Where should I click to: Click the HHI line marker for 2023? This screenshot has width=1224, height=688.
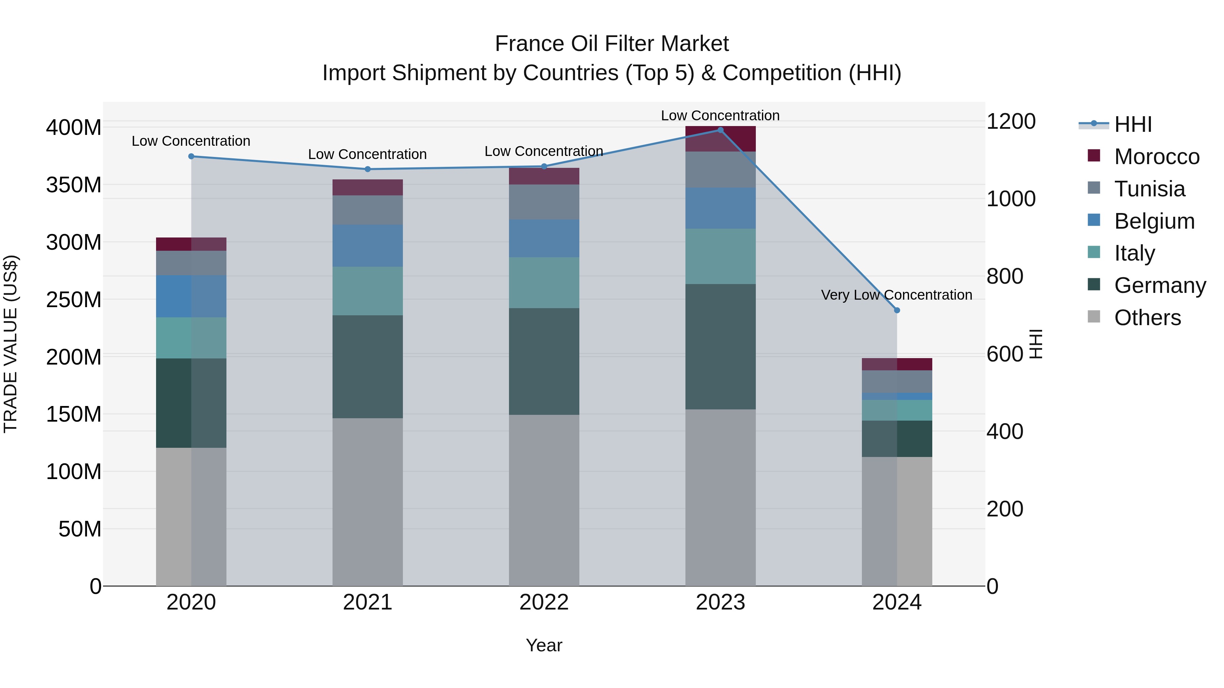pyautogui.click(x=720, y=130)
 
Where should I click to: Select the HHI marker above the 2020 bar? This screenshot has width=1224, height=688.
pyautogui.click(x=191, y=156)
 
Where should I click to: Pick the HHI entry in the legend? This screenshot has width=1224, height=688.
pyautogui.click(x=1133, y=124)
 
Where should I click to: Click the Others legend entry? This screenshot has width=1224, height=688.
pyautogui.click(x=1147, y=318)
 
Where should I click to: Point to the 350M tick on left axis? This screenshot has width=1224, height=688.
pyautogui.click(x=74, y=185)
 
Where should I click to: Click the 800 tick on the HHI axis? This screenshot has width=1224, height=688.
pyautogui.click(x=1004, y=276)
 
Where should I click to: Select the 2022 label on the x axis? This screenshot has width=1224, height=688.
pyautogui.click(x=544, y=602)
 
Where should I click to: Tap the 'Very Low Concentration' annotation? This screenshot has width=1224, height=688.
pyautogui.click(x=896, y=295)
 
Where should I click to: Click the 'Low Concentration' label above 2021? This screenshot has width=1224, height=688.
pyautogui.click(x=367, y=154)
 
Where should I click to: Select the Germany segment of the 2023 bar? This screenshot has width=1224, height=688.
pyautogui.click(x=720, y=347)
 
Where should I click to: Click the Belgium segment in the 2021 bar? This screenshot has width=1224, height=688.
pyautogui.click(x=367, y=246)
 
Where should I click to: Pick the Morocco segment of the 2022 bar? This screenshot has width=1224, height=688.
pyautogui.click(x=544, y=176)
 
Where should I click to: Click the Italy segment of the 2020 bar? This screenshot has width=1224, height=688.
pyautogui.click(x=191, y=338)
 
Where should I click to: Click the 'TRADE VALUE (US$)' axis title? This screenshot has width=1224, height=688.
pyautogui.click(x=11, y=344)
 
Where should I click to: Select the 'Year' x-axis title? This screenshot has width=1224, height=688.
pyautogui.click(x=544, y=645)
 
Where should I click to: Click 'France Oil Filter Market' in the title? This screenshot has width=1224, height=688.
pyautogui.click(x=612, y=44)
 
